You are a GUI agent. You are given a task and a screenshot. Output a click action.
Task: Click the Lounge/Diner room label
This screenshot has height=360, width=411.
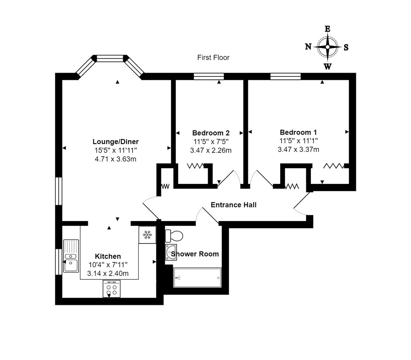[x=116, y=142]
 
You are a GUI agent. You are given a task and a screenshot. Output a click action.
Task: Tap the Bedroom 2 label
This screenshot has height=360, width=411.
[x=211, y=133]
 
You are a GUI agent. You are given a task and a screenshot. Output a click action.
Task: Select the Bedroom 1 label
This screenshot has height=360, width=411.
[x=298, y=132]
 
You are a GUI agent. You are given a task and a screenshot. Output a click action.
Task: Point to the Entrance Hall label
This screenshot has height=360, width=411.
[x=233, y=205]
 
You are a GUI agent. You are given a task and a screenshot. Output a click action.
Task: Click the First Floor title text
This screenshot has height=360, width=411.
[x=213, y=57]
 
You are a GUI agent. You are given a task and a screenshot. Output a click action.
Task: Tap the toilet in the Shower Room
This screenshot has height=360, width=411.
[x=174, y=236]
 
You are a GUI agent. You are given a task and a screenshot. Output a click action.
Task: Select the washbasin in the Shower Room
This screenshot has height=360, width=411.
[x=171, y=252]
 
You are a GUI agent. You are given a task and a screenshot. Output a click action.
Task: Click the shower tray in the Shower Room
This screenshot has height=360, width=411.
[x=197, y=278]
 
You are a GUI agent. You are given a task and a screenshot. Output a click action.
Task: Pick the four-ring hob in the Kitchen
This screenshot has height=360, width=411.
[x=112, y=289]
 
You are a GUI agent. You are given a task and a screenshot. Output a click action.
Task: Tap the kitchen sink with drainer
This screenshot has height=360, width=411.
[x=71, y=256]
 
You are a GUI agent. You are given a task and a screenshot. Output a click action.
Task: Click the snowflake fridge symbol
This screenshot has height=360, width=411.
[x=147, y=235]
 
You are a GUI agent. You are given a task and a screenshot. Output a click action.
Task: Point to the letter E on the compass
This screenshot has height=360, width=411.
[x=327, y=29]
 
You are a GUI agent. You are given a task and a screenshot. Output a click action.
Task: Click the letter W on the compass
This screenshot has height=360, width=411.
[x=328, y=66]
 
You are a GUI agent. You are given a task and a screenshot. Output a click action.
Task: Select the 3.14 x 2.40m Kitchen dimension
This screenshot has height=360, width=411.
[x=108, y=274]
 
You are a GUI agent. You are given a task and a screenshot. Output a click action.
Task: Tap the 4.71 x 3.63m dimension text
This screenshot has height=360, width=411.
[x=116, y=159]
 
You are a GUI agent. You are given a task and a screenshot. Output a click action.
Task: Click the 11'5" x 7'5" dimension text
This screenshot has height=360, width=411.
[x=211, y=142]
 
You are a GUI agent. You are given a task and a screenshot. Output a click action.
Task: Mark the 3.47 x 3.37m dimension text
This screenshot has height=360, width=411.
[x=298, y=150]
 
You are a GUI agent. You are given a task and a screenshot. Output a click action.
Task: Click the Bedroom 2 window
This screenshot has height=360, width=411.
[x=209, y=76]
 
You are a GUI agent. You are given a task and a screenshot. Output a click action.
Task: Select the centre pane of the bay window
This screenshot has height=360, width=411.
[x=110, y=58]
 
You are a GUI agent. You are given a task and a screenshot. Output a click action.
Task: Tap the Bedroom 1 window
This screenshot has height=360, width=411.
[x=285, y=76]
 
